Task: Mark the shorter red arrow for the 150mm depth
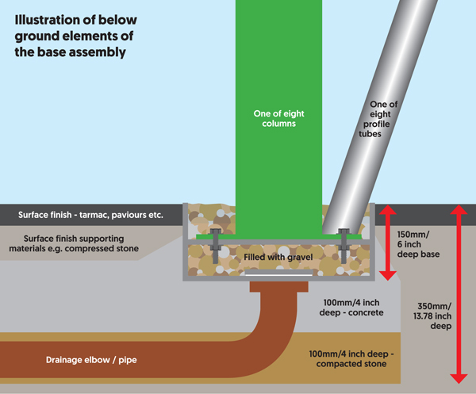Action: click(x=387, y=242)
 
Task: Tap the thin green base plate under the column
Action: click(x=238, y=235)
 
